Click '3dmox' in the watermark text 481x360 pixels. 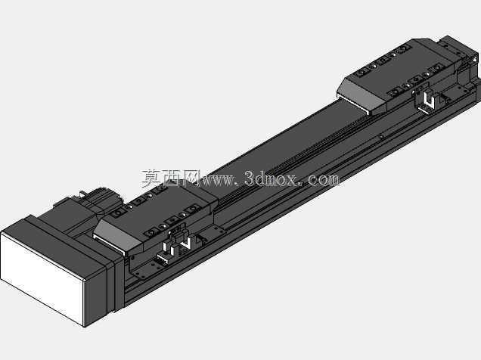tap(271, 178)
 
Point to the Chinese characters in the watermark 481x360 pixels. tap(171, 178)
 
